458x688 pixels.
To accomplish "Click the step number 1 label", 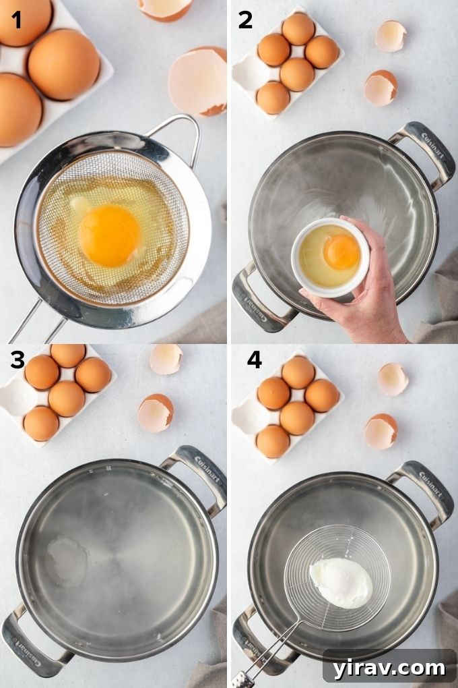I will point(16,20).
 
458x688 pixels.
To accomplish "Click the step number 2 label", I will point(245,20).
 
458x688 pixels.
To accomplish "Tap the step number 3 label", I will point(18,361).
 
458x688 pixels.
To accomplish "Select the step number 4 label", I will point(254,360).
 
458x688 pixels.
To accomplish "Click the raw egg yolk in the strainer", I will point(109,235).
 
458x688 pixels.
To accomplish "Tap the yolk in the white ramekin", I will point(341,251).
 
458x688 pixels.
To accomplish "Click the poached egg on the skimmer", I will point(341,582).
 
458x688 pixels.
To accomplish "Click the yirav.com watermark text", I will point(389,668).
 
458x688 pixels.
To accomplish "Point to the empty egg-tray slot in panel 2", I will point(251,72).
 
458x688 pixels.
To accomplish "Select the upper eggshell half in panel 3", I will point(166,359).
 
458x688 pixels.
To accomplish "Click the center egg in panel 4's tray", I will point(296,418).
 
